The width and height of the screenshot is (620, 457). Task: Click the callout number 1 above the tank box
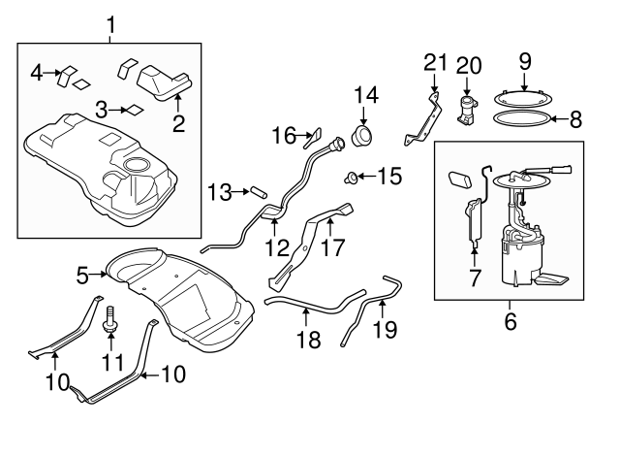pyautogui.click(x=109, y=24)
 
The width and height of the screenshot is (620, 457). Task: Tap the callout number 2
pyautogui.click(x=178, y=123)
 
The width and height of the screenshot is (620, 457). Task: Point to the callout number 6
pyautogui.click(x=511, y=318)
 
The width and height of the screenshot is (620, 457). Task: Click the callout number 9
pyautogui.click(x=525, y=60)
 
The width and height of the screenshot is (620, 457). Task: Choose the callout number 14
pyautogui.click(x=367, y=96)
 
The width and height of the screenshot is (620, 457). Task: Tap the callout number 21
pyautogui.click(x=436, y=64)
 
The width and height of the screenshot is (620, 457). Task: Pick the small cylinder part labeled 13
pyautogui.click(x=259, y=192)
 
